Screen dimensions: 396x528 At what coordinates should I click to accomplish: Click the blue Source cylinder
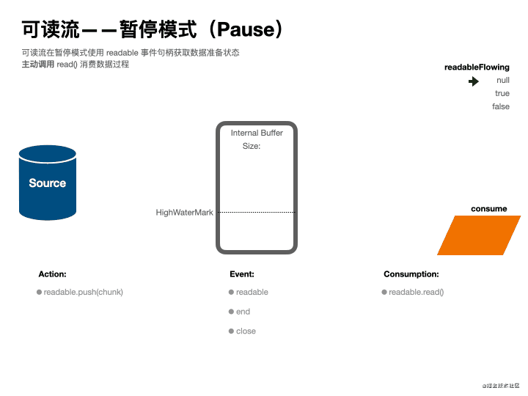pos(48,183)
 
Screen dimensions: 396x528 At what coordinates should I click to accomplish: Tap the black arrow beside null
pos(474,81)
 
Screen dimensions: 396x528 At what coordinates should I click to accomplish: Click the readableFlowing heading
pos(477,67)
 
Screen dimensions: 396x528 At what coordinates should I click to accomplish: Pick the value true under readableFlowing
pos(502,94)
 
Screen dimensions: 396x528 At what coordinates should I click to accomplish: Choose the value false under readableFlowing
pos(501,107)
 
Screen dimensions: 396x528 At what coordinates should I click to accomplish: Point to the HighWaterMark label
pos(184,213)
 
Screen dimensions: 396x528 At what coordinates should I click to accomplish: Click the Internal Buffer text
pos(257,133)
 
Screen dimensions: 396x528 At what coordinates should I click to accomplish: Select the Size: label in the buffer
pos(252,146)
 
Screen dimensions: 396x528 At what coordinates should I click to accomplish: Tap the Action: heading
pos(52,274)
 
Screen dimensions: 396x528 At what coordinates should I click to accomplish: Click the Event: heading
pos(242,274)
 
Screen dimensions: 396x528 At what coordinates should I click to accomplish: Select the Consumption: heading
pos(411,274)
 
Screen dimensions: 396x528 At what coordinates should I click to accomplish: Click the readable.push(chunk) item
pos(83,292)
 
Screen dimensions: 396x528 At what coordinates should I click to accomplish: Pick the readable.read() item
pos(416,292)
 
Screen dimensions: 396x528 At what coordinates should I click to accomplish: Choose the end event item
pos(243,312)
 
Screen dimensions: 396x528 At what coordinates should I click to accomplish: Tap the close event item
pos(246,331)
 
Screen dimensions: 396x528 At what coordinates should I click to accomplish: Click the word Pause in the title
pos(246,30)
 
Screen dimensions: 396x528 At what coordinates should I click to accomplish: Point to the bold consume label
pos(488,209)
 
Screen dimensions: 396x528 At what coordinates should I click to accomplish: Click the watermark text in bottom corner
pos(501,385)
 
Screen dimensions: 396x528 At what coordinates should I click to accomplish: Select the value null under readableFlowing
pos(503,81)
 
